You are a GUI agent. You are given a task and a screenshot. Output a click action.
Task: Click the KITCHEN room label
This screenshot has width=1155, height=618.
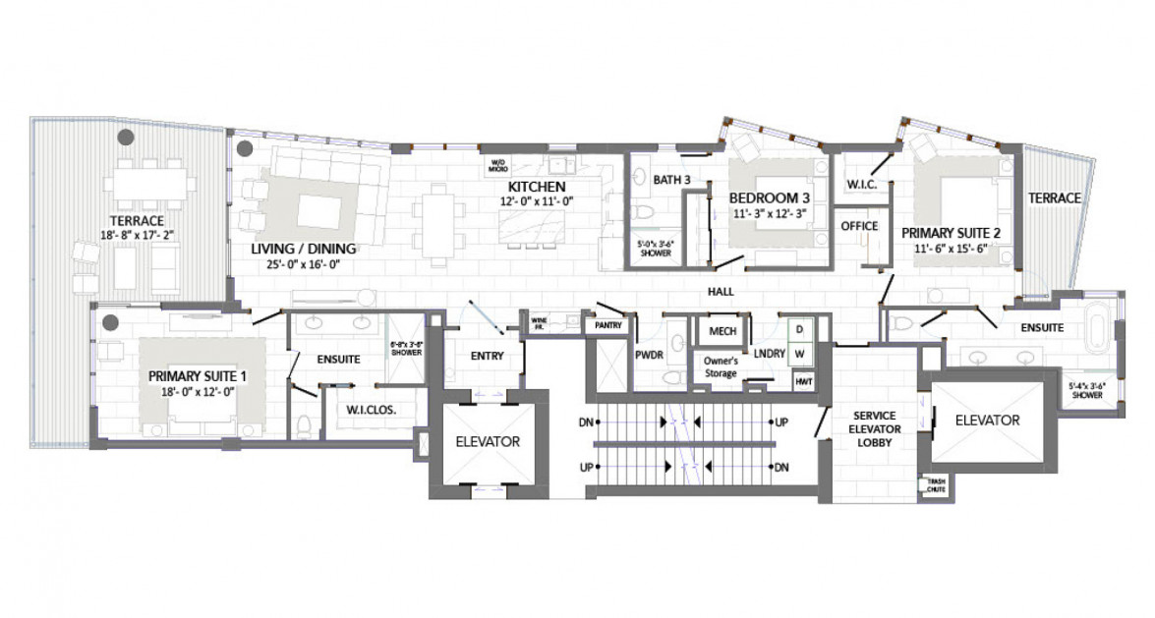click(x=536, y=187)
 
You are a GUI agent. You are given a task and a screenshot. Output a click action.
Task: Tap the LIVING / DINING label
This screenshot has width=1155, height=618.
click(x=303, y=249)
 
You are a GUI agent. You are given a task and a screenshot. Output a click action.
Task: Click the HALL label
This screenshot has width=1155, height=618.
click(x=721, y=292)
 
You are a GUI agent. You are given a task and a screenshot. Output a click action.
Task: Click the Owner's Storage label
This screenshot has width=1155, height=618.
click(x=721, y=366)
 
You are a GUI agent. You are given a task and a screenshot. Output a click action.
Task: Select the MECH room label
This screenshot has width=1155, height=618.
click(x=722, y=332)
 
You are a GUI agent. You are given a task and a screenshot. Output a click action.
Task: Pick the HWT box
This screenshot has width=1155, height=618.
click(x=803, y=381)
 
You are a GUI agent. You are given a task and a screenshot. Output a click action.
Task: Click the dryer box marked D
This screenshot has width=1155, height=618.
click(x=799, y=329)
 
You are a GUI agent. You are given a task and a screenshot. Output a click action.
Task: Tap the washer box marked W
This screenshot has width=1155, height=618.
click(x=799, y=352)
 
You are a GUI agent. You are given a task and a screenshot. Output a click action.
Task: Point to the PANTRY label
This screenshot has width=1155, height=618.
click(x=605, y=324)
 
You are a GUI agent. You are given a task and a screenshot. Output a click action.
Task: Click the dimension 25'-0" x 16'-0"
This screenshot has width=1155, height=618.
click(x=303, y=264)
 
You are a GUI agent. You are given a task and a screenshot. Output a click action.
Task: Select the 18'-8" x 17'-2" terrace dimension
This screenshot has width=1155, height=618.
click(x=137, y=236)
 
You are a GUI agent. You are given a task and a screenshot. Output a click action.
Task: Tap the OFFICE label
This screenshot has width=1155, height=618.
click(x=858, y=226)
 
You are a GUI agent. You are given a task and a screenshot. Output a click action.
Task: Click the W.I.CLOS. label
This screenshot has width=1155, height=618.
click(x=372, y=411)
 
